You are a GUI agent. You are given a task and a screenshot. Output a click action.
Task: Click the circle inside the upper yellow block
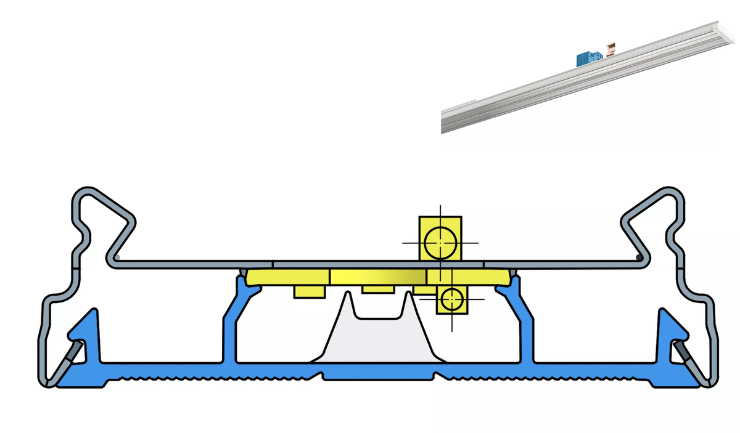(440, 241)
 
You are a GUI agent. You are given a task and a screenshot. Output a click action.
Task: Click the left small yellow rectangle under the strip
(310, 291)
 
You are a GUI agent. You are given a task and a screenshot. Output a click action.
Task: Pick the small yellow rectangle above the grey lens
(377, 288)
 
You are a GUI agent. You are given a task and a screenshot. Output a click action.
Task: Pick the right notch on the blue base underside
(437, 375)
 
